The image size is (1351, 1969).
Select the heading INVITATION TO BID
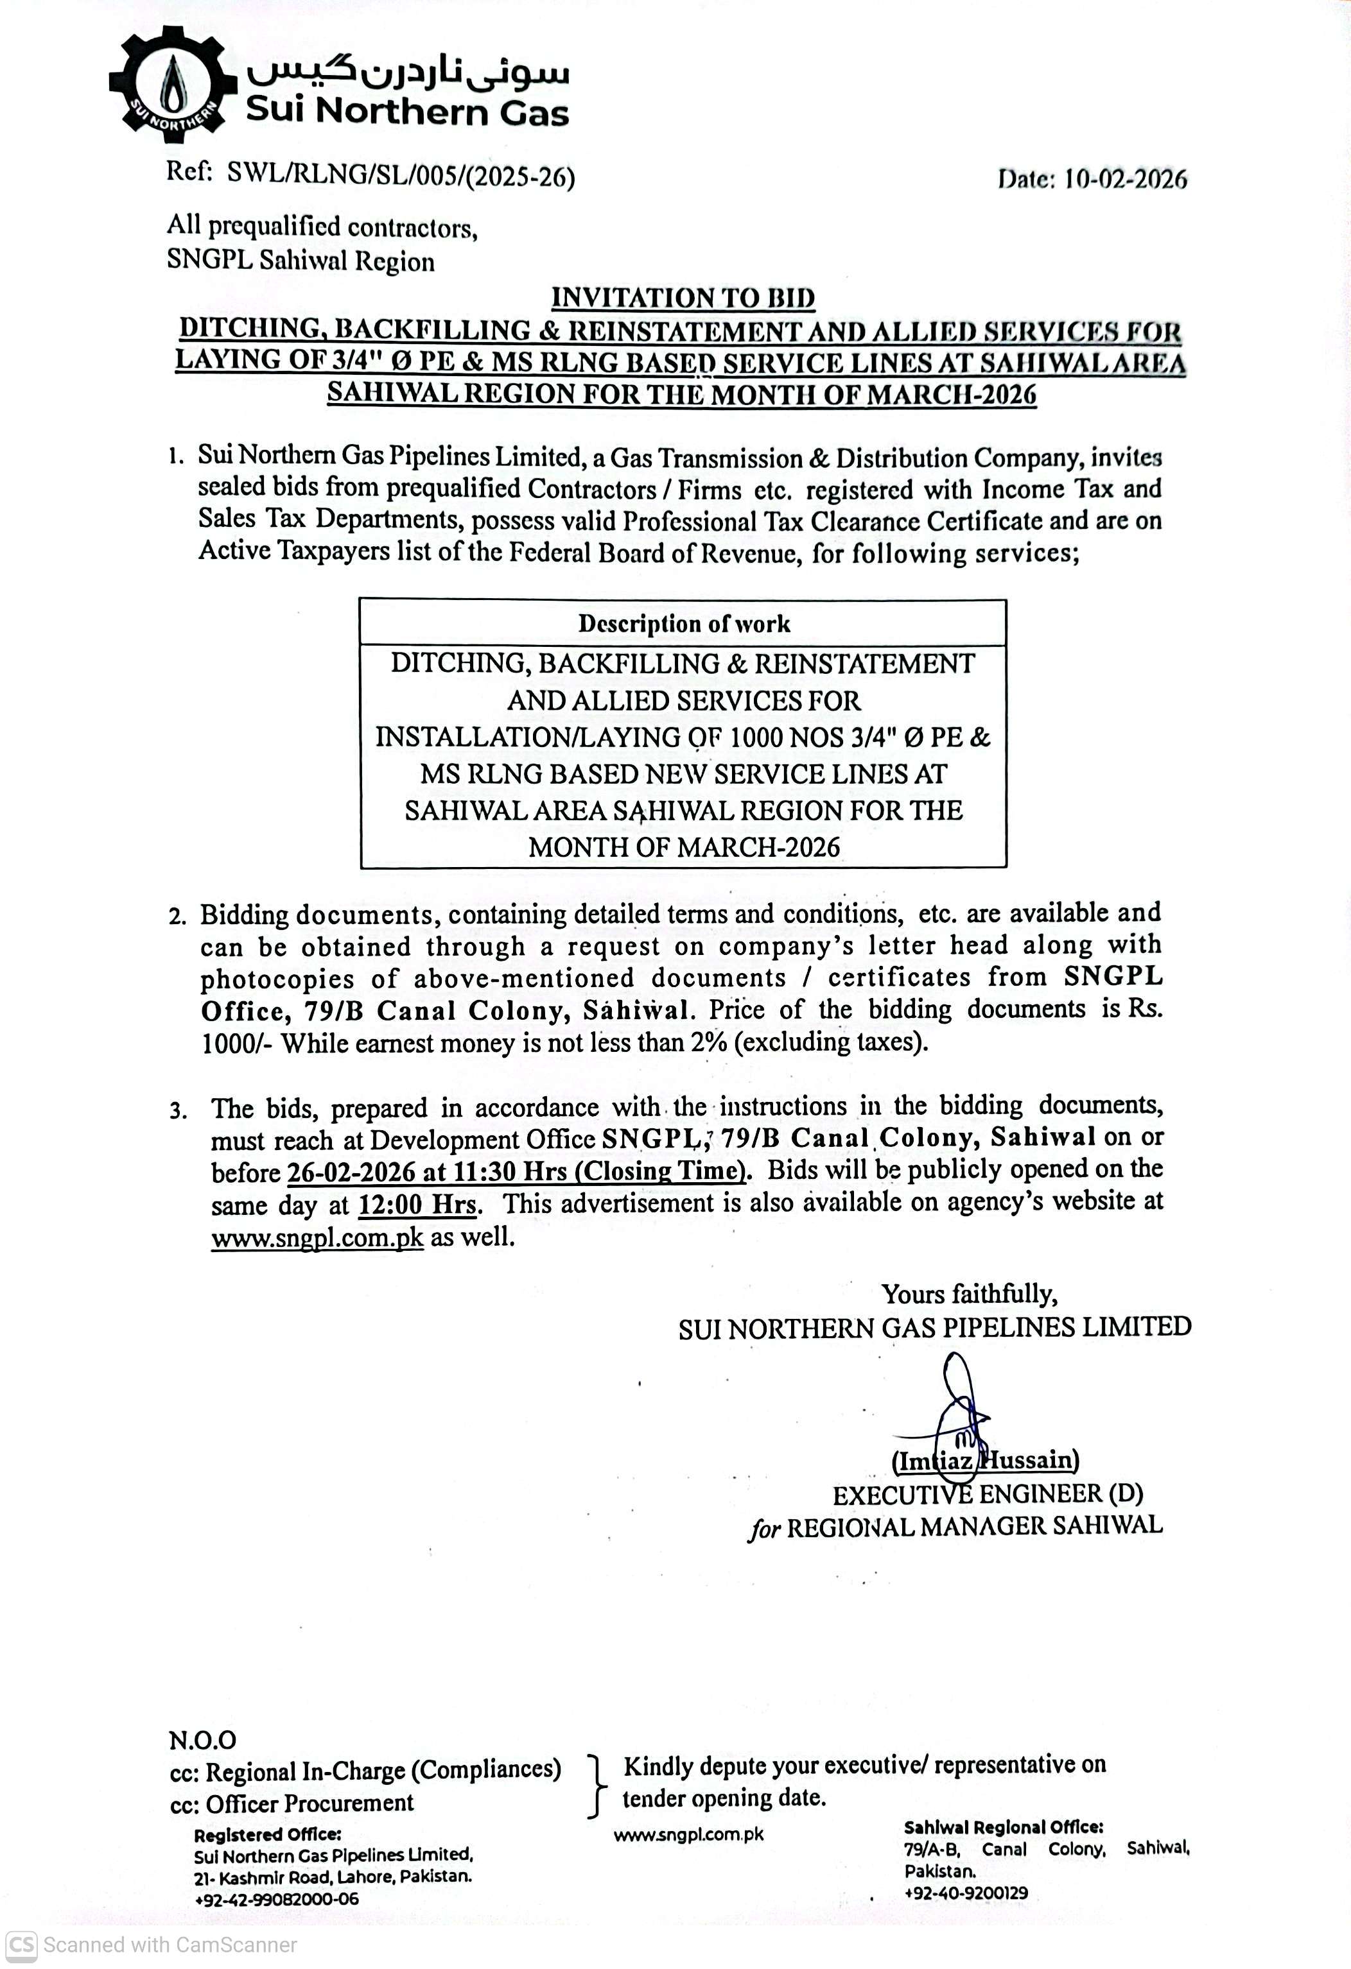(683, 298)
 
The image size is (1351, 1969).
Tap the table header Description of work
(683, 624)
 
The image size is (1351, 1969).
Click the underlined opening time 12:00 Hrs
(418, 1204)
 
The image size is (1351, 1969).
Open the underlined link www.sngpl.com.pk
(317, 1238)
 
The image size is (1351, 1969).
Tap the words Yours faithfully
(969, 1294)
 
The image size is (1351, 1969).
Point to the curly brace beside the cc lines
(598, 1785)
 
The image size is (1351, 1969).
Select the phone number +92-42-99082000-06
(276, 1898)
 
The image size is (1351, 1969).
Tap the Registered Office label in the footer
(267, 1834)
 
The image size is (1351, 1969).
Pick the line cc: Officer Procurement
(292, 1802)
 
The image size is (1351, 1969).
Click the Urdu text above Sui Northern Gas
(408, 74)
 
